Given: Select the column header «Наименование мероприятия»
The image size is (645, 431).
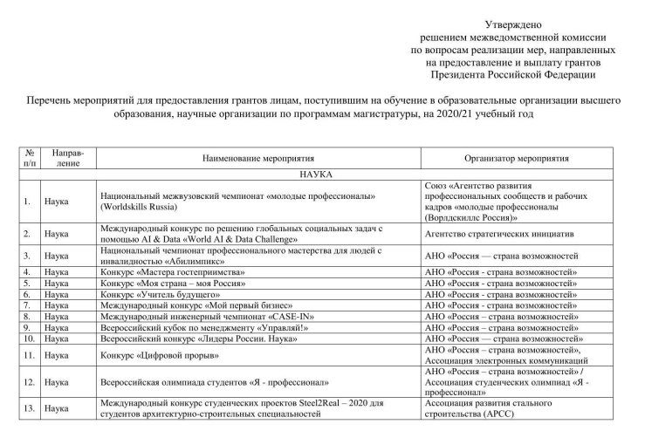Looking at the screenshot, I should click(258, 159).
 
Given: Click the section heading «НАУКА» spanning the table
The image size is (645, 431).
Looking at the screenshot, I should click(322, 174).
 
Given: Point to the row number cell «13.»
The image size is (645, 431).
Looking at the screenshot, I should click(30, 407).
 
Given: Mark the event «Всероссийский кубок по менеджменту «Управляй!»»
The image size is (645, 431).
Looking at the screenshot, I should click(207, 328).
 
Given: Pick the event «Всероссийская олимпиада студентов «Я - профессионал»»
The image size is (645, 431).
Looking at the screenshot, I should click(215, 381).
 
